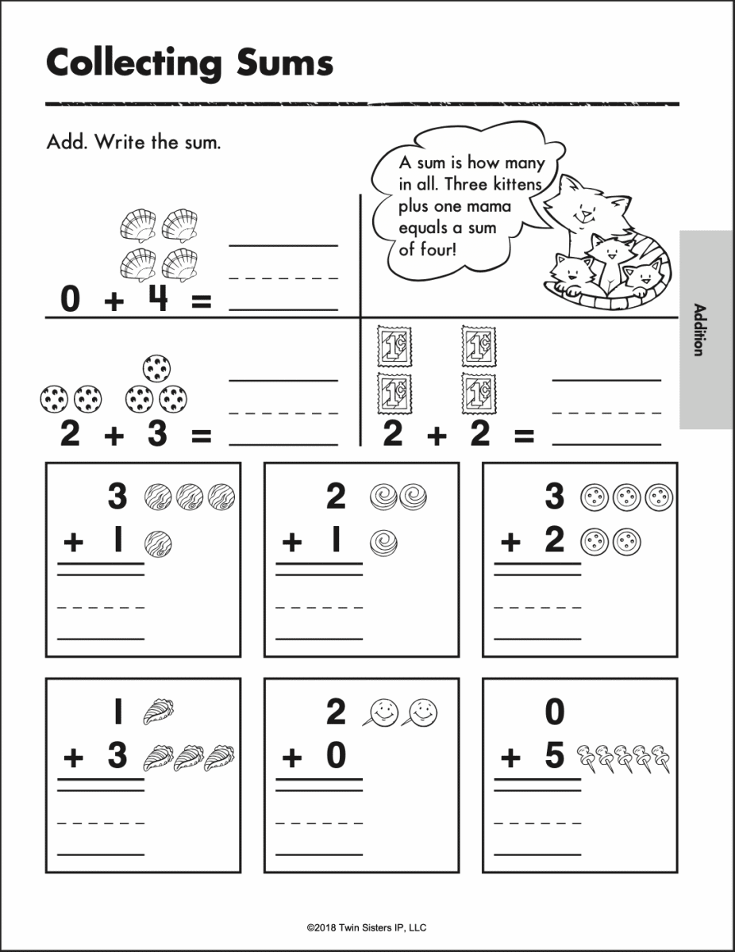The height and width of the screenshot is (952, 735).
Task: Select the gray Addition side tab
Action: (x=706, y=329)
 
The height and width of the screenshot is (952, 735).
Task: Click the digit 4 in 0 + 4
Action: (x=159, y=300)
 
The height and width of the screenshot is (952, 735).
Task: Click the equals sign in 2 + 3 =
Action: (x=202, y=436)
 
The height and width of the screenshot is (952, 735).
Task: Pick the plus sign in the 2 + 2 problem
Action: (x=437, y=436)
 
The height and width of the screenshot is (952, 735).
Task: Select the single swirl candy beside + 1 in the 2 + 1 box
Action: (x=383, y=543)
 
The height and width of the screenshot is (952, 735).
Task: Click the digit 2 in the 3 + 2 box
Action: (x=555, y=540)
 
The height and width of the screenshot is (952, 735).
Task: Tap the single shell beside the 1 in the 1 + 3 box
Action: (x=158, y=712)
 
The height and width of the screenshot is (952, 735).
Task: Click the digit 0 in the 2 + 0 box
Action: (x=337, y=756)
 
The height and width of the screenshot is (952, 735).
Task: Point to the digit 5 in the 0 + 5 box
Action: (x=555, y=756)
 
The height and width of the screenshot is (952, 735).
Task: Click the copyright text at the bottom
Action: (x=367, y=927)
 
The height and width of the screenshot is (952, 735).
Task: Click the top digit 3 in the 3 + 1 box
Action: (x=117, y=497)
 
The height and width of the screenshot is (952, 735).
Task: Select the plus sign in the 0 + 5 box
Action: (x=510, y=758)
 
